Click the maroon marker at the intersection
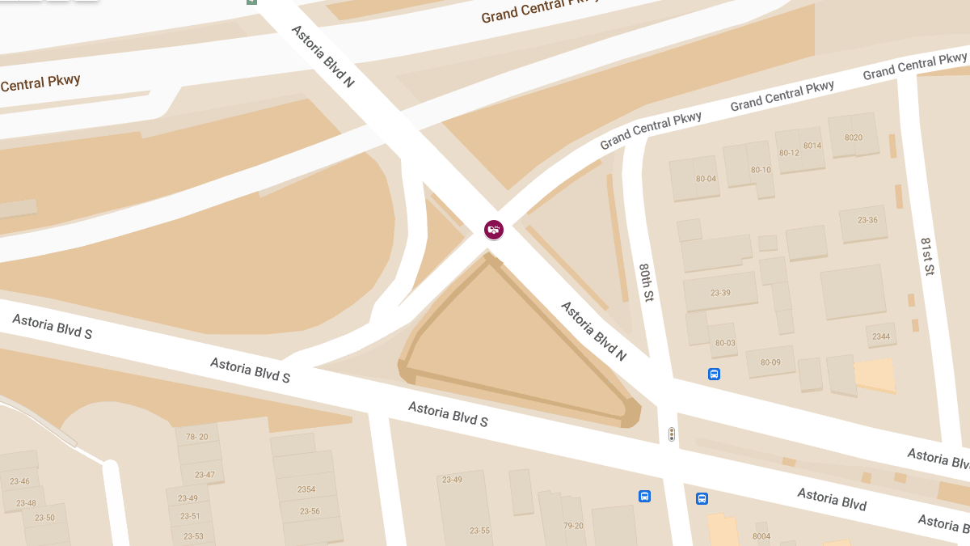[494, 230]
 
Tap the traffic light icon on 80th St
[671, 434]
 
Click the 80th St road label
[646, 282]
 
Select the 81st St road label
[928, 256]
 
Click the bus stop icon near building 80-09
[714, 374]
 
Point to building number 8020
[853, 138]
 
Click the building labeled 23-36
[867, 220]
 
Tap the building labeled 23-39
[719, 292]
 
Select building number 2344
[881, 336]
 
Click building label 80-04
[706, 179]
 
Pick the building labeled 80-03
[725, 343]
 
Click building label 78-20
[197, 437]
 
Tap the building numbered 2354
[306, 489]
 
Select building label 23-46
[19, 481]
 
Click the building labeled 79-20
[573, 526]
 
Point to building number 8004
[761, 536]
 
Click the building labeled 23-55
[479, 531]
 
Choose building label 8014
[812, 146]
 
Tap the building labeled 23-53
[193, 535]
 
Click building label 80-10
[761, 170]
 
